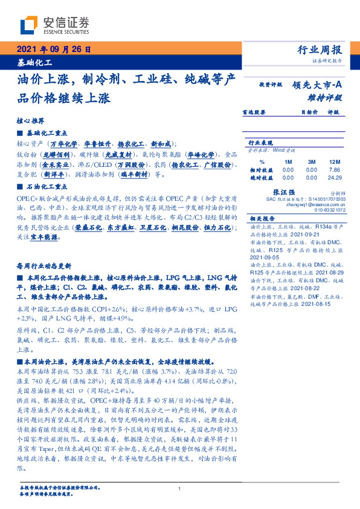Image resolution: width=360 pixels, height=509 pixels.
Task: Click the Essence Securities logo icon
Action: click(29, 25)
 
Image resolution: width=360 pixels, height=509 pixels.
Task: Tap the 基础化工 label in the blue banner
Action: click(34, 62)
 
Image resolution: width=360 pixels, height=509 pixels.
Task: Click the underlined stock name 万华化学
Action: click(64, 144)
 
